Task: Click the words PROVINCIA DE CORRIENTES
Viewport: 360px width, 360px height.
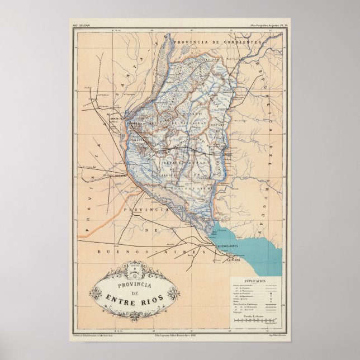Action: [217, 42]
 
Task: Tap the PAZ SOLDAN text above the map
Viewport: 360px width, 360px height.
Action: [82, 26]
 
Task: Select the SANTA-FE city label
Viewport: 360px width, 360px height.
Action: [118, 119]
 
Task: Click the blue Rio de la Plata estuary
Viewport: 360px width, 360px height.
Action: [252, 246]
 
